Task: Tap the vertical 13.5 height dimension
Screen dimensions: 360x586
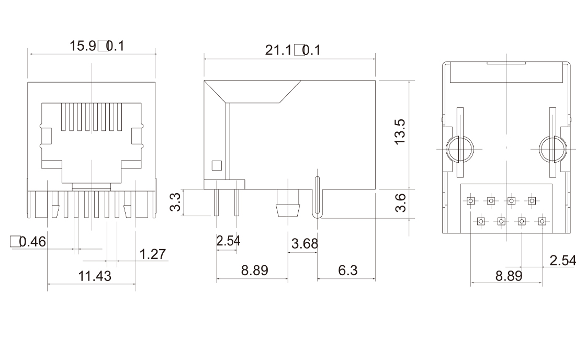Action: coord(400,131)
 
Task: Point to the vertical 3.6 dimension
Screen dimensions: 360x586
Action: coord(400,203)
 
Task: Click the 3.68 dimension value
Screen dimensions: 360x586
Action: coord(305,243)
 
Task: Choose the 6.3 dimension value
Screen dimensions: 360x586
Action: coord(347,271)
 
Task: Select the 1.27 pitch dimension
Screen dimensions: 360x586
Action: coord(153,254)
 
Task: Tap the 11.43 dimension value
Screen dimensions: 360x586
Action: coord(95,276)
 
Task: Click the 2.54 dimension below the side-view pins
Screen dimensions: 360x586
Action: coord(228,241)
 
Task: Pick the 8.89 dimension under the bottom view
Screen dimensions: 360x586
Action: coord(509,276)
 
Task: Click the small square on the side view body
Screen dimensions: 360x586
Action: coord(216,166)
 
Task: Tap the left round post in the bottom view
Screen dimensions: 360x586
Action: coord(459,149)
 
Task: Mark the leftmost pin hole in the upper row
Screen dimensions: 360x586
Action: coord(471,200)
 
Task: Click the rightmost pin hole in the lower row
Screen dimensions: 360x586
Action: coord(542,222)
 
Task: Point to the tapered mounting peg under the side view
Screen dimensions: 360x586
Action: coord(288,205)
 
